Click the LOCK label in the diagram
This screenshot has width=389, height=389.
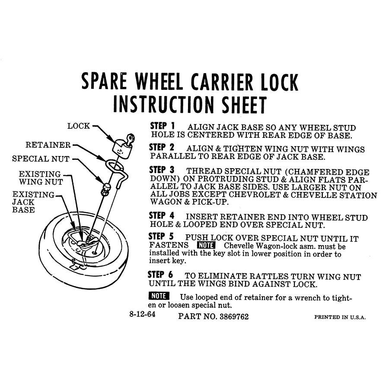[79, 126]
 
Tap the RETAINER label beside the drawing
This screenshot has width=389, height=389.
[48, 145]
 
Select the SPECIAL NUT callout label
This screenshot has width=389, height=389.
[41, 159]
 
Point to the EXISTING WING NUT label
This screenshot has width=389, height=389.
[41, 178]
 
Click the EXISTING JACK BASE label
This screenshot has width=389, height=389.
[33, 202]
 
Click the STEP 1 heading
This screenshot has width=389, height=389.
[163, 126]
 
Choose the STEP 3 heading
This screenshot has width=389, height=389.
[162, 170]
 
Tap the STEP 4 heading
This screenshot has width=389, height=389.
[162, 216]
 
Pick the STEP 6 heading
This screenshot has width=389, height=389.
[160, 275]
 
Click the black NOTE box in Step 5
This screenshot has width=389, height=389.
[206, 245]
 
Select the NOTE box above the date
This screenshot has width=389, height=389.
[159, 296]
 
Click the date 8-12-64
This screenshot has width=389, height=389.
[142, 314]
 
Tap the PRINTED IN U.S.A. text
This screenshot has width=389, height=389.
[340, 317]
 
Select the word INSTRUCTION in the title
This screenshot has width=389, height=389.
[164, 105]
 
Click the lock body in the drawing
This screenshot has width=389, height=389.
[121, 149]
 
